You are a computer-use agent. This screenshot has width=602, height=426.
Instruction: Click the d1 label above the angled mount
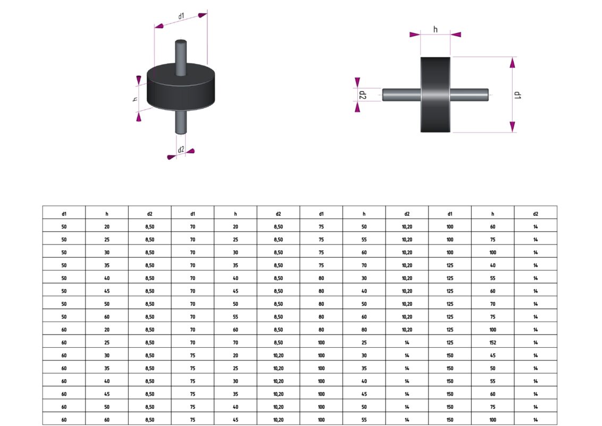181,16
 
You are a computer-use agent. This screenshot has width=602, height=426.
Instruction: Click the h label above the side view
435,29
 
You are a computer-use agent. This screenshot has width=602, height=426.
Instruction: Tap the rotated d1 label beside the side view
517,95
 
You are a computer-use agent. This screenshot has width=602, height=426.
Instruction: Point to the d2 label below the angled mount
181,149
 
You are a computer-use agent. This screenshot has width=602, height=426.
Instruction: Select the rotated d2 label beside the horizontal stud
362,95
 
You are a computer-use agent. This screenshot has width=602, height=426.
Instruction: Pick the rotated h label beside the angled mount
135,99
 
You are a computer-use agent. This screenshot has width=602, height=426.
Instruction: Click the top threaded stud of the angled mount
181,58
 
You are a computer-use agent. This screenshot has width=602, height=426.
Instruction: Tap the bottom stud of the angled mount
181,122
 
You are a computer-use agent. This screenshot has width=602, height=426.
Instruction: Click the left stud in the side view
401,95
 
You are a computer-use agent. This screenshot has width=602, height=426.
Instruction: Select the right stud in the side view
469,95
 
